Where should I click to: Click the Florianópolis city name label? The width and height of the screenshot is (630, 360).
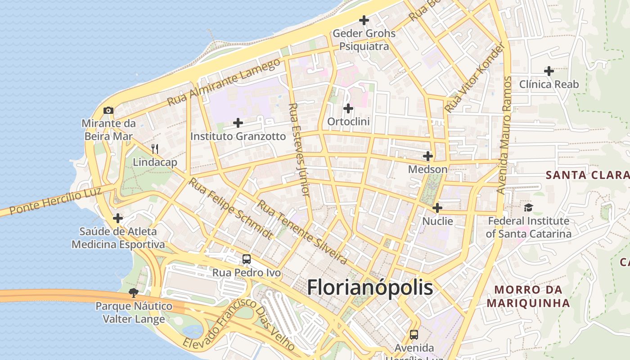pyautogui.click(x=370, y=288)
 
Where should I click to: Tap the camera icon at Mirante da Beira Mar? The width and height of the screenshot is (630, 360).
pyautogui.click(x=108, y=110)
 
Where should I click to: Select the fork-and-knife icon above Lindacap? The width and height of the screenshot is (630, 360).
pyautogui.click(x=155, y=149)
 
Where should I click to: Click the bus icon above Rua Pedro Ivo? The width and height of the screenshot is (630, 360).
pyautogui.click(x=247, y=259)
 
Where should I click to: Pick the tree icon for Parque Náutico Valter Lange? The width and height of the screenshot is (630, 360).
pyautogui.click(x=133, y=293)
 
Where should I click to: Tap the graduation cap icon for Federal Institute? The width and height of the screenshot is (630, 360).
pyautogui.click(x=528, y=207)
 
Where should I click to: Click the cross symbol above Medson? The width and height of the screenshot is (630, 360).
pyautogui.click(x=428, y=156)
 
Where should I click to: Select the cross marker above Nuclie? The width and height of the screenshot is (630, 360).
pyautogui.click(x=437, y=208)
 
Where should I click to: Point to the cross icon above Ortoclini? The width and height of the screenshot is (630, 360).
pyautogui.click(x=348, y=108)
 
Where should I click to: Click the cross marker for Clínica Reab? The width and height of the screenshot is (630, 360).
pyautogui.click(x=549, y=71)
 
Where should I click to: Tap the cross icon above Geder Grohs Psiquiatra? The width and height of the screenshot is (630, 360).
pyautogui.click(x=364, y=20)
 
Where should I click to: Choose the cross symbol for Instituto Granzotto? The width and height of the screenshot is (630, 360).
pyautogui.click(x=238, y=123)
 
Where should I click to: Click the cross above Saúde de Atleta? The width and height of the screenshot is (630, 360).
pyautogui.click(x=118, y=218)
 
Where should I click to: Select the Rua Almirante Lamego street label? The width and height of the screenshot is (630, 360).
pyautogui.click(x=223, y=83)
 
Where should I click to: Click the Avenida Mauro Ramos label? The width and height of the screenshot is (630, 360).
pyautogui.click(x=504, y=135)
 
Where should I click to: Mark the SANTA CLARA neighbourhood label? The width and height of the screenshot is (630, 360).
pyautogui.click(x=587, y=175)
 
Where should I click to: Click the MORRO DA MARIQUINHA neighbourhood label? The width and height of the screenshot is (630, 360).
pyautogui.click(x=528, y=296)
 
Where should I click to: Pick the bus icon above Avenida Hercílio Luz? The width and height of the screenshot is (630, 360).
pyautogui.click(x=414, y=335)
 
